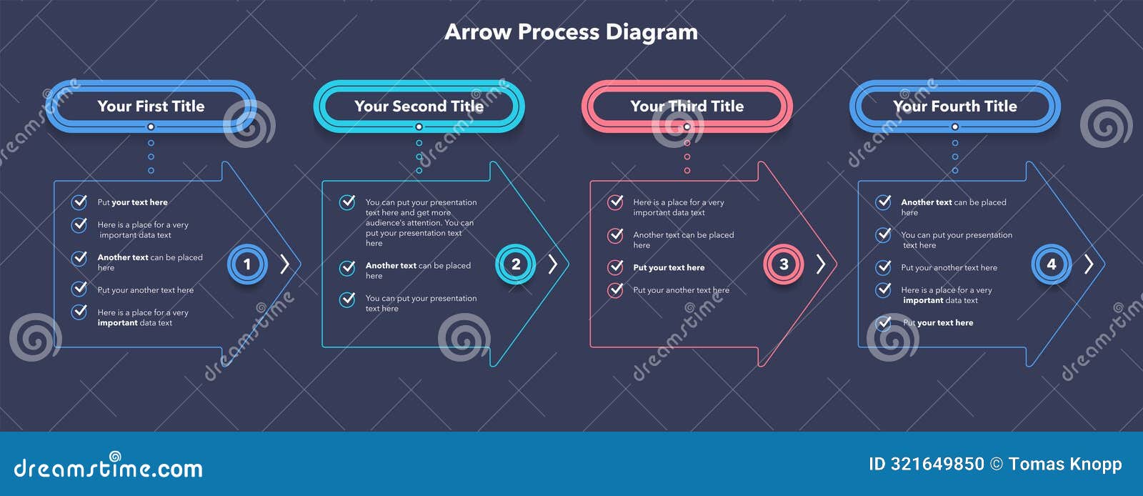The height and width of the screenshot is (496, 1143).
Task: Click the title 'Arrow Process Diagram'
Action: point(571,32)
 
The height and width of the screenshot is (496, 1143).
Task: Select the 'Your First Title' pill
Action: point(151,106)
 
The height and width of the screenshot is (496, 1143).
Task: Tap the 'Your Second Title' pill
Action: point(419,106)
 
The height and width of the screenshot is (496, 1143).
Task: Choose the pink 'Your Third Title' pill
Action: point(687,106)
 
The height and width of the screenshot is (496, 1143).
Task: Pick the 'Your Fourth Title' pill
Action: point(954,106)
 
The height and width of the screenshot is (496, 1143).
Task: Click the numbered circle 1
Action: point(247,264)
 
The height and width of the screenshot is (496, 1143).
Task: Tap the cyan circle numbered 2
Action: point(515,264)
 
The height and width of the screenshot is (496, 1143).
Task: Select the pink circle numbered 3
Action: point(783,264)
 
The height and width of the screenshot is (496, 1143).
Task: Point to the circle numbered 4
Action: point(1051,264)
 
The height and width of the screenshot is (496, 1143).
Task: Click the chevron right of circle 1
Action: point(285,264)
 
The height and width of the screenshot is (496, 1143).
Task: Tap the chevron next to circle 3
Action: point(821,264)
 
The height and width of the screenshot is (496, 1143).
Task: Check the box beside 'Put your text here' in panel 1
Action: point(79,202)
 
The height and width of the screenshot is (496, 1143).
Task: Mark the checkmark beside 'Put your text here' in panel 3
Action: point(615,267)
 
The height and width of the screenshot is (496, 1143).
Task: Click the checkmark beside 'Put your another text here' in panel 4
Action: point(884,267)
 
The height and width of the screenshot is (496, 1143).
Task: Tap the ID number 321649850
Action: point(937,465)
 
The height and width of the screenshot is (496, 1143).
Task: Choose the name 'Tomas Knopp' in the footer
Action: point(1065,465)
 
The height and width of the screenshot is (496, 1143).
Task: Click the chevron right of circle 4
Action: point(1089,264)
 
